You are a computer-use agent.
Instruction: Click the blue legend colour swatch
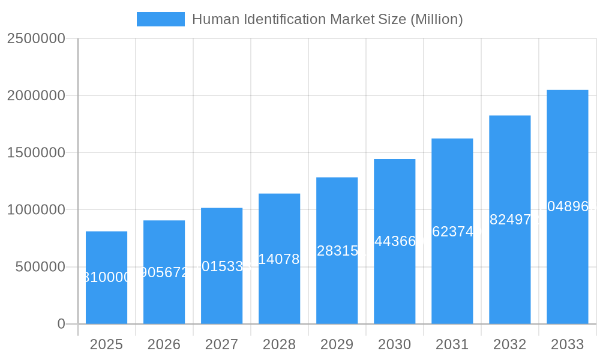click(160, 19)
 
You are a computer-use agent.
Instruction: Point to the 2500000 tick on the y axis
click(36, 38)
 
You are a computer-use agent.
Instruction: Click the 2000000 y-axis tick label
click(36, 95)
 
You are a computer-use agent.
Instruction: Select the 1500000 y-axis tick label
click(36, 152)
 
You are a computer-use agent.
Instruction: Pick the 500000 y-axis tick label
click(40, 267)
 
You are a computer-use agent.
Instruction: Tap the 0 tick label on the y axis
click(61, 324)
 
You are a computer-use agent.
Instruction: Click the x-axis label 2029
click(337, 344)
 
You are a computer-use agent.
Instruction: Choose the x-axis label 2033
click(567, 344)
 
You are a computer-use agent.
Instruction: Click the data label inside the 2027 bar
click(221, 266)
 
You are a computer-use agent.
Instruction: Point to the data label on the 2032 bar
click(509, 220)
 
